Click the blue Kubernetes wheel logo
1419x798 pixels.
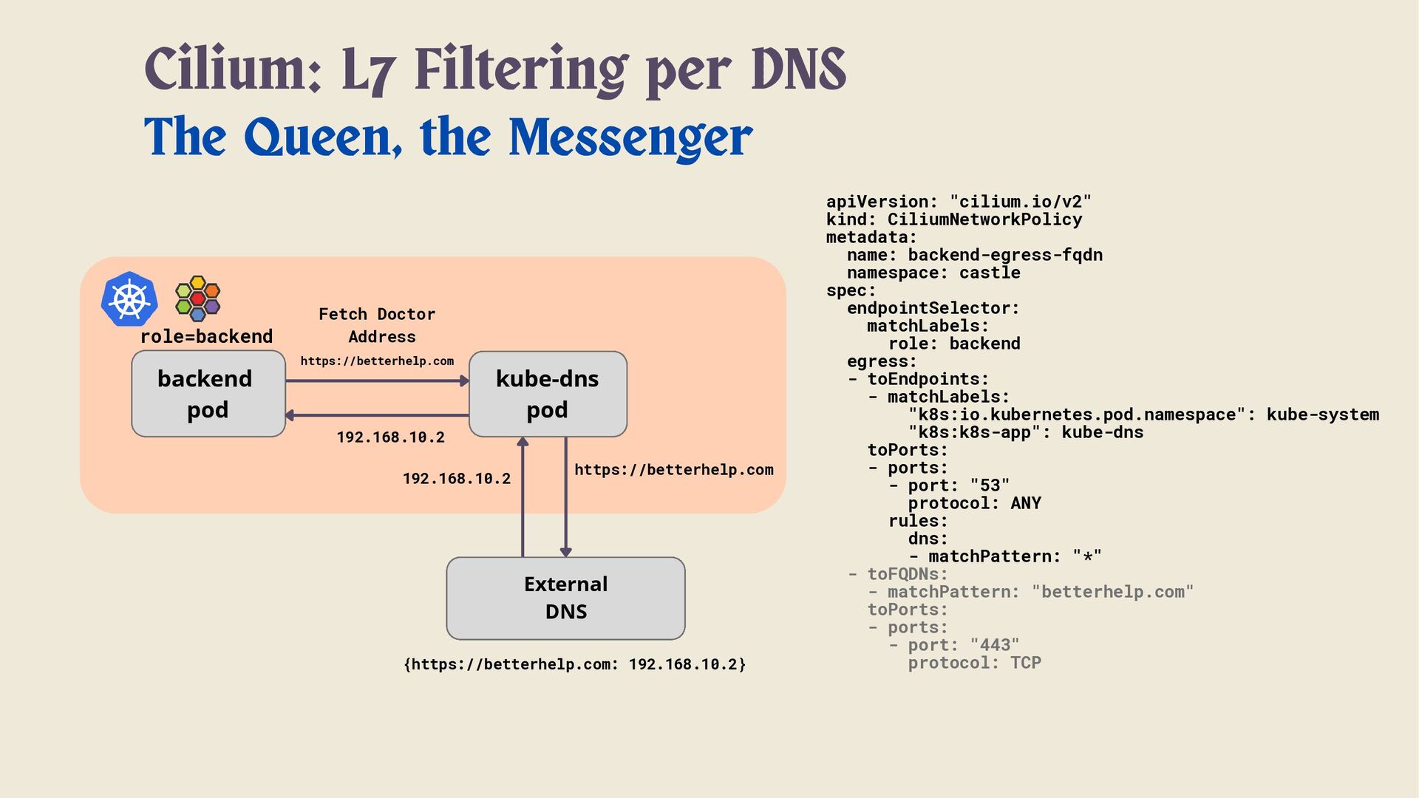point(129,299)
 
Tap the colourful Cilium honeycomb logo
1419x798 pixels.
point(197,299)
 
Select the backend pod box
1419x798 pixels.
point(208,394)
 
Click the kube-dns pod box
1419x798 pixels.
point(548,394)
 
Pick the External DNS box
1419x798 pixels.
point(565,598)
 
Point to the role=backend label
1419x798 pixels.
point(206,337)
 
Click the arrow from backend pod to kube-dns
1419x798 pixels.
point(377,381)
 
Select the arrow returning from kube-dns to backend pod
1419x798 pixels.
point(377,415)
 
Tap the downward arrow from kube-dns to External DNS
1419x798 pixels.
point(566,495)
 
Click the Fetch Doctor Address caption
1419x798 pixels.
point(378,325)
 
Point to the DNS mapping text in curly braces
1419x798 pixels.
point(574,664)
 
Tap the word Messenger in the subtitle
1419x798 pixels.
point(630,137)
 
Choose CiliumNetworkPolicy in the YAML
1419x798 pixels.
point(984,219)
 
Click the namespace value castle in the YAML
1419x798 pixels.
point(990,273)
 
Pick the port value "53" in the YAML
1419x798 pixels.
point(990,485)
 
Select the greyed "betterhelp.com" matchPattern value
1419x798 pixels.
point(1112,592)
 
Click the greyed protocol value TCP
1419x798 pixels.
point(1025,663)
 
